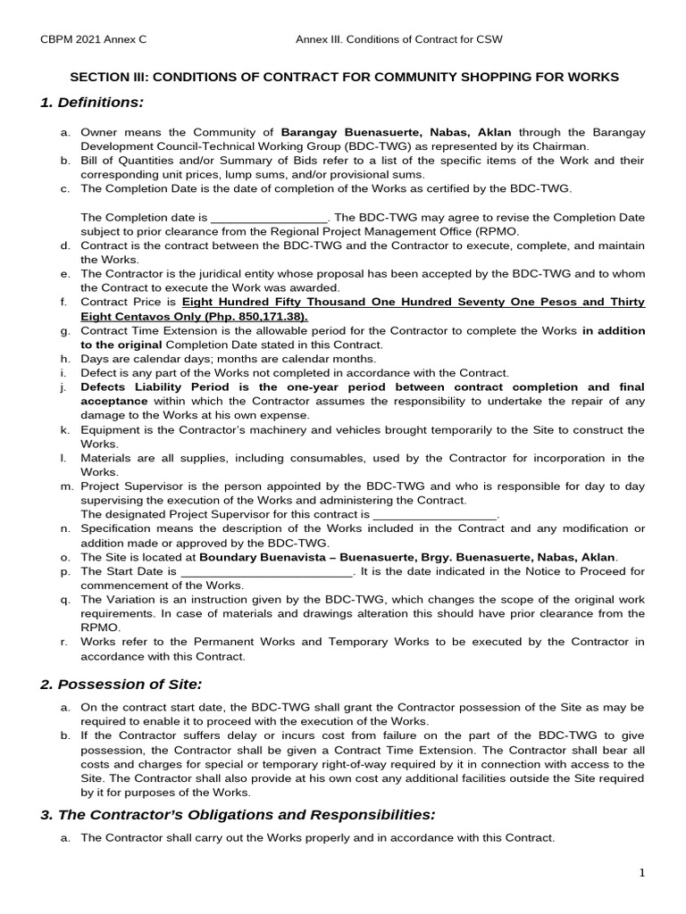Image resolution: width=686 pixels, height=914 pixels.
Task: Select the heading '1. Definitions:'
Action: pos(92,103)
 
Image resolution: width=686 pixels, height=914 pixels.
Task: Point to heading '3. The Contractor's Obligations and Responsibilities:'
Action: pos(238,814)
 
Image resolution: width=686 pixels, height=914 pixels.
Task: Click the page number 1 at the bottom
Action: pos(641,873)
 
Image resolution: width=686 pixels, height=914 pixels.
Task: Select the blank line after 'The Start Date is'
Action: pos(267,571)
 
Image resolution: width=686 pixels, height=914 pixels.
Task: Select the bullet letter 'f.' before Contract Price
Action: pos(64,303)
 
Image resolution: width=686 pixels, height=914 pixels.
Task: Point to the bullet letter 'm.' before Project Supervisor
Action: pos(65,486)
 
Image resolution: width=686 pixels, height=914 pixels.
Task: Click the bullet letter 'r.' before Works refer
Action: pos(64,642)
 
